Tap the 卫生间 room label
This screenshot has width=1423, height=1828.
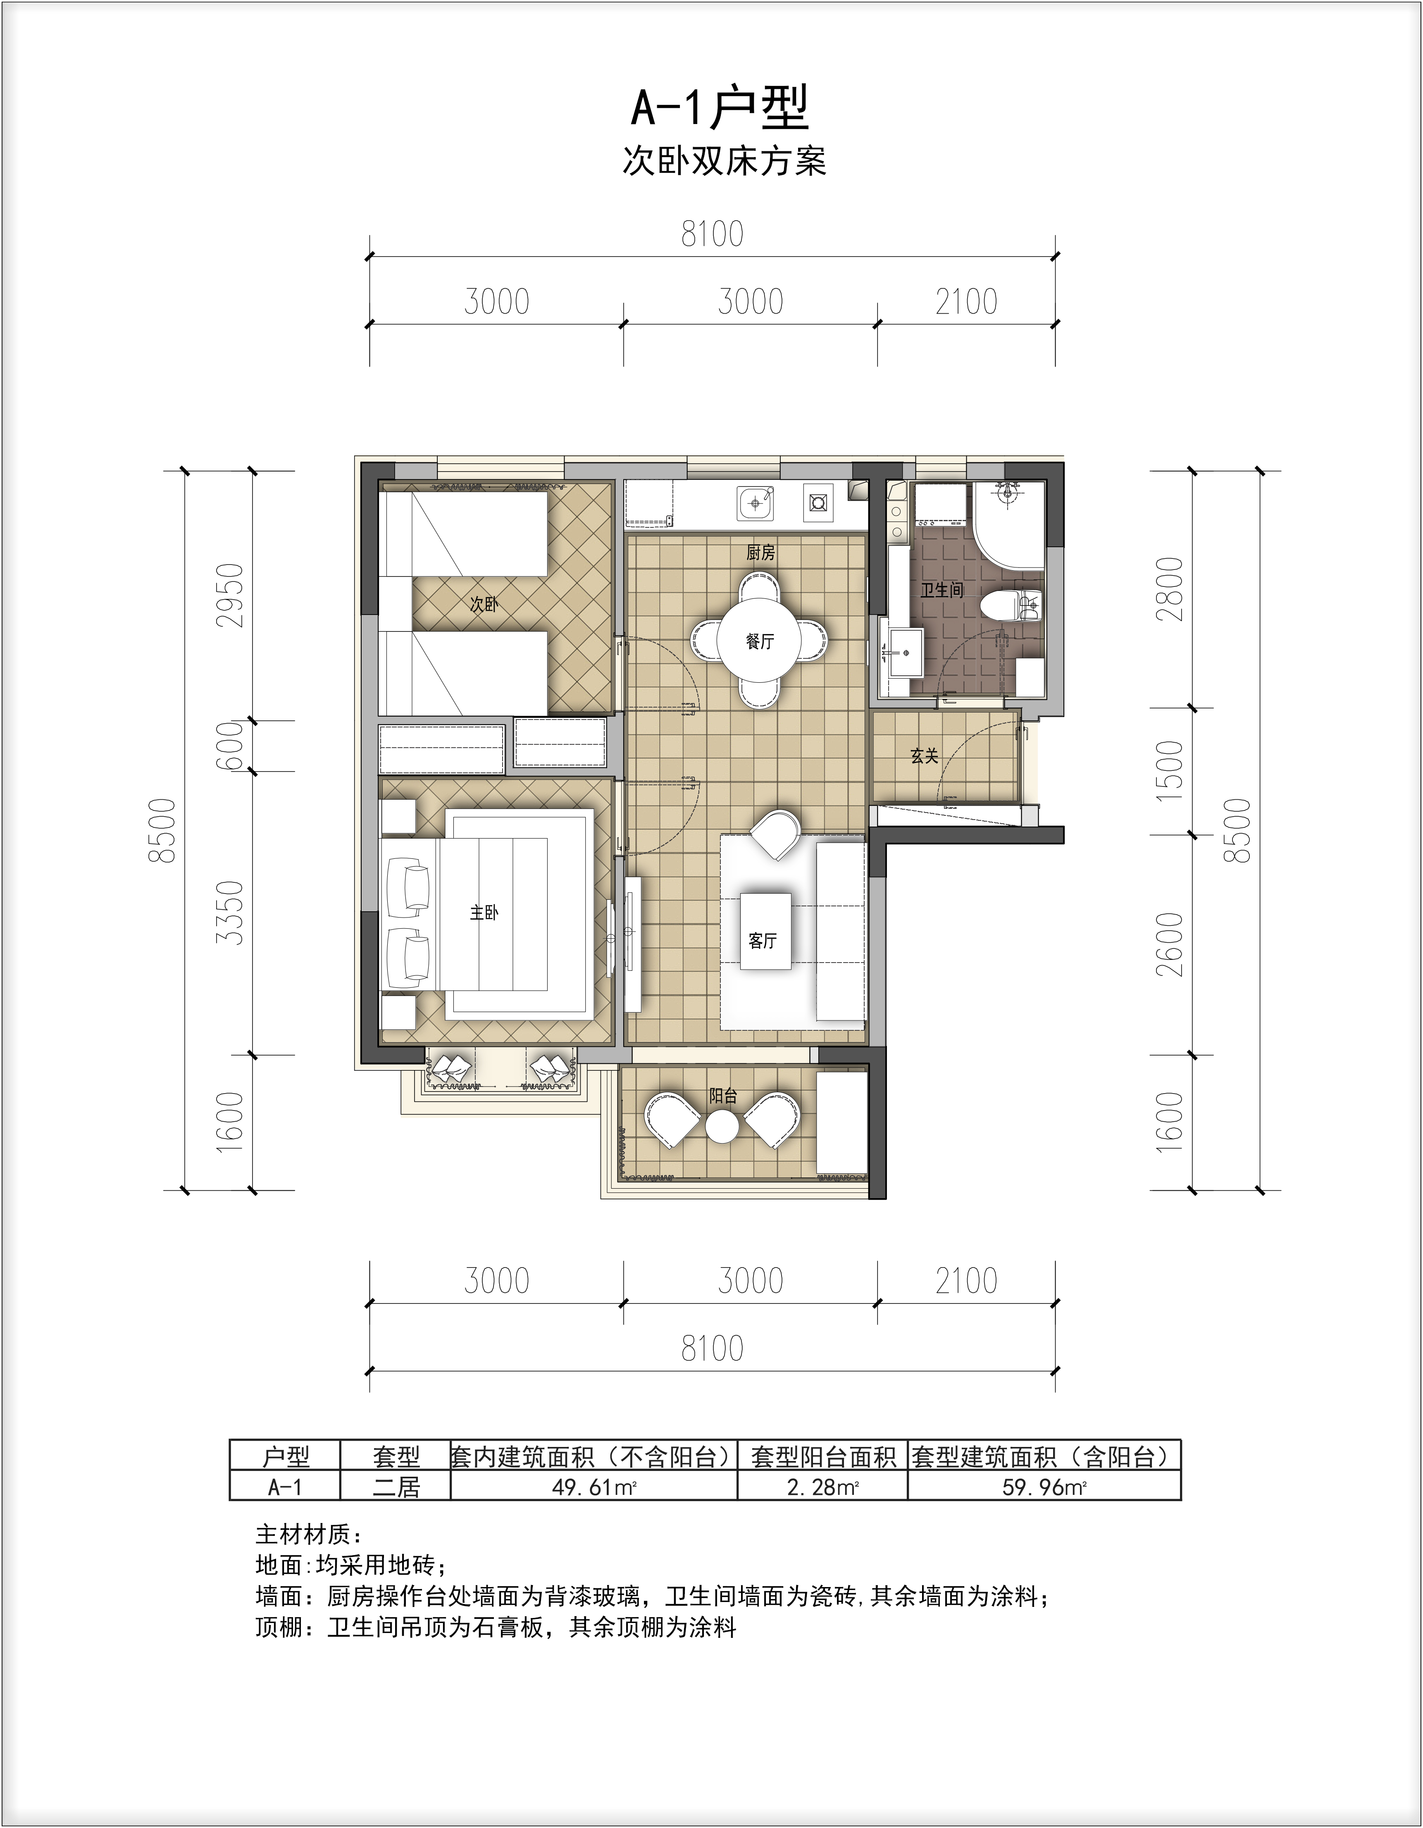point(942,590)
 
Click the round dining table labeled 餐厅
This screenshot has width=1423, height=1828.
point(759,641)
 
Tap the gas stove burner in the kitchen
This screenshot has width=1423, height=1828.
point(818,503)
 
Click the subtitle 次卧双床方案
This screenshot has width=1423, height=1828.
point(724,161)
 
